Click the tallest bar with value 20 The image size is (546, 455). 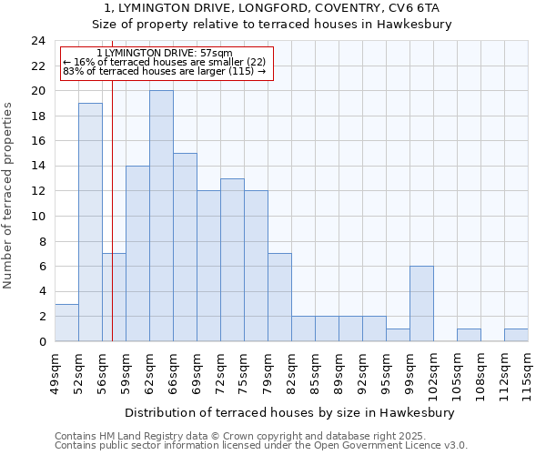point(161,216)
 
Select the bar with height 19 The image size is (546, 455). point(90,222)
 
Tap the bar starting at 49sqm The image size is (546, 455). point(66,322)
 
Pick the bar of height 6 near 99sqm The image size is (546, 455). point(421,303)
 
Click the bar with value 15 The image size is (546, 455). point(185,247)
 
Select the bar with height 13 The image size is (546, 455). point(232,259)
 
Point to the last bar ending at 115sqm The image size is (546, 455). point(516,335)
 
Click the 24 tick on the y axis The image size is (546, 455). point(38,41)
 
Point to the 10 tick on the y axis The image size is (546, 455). point(38,217)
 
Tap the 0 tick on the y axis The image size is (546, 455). point(42,341)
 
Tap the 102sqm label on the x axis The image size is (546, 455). point(433,371)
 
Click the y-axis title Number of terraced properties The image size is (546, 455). point(9,196)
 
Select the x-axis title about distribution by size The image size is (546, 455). point(288,412)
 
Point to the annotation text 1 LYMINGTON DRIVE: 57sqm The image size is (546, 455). point(164,54)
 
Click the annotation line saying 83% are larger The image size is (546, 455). point(164,71)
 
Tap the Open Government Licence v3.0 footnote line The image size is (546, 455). point(261,446)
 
